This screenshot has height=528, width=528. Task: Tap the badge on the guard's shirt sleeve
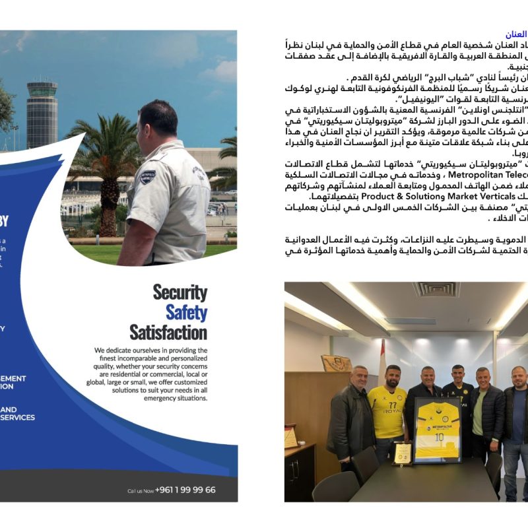[147, 177]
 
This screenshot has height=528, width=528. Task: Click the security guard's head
[158, 123]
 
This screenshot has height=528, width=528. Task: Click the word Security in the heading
[180, 293]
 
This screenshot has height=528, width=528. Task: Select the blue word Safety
[186, 312]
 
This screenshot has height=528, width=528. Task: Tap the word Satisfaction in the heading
[168, 332]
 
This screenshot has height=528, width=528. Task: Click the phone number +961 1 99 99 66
[185, 490]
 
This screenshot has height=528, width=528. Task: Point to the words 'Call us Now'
[140, 490]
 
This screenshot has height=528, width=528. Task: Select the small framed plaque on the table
[401, 453]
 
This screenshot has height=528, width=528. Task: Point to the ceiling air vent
[436, 289]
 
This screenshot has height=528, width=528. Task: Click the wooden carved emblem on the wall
[337, 363]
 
